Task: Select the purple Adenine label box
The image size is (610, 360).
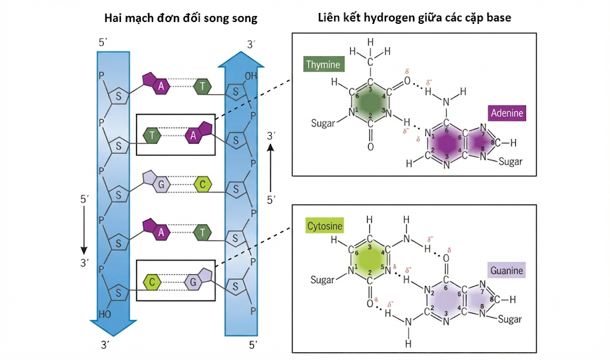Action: (507, 113)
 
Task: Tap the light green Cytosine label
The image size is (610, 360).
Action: (325, 226)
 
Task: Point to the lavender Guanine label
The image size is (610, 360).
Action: (506, 270)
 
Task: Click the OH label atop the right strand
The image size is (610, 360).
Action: (251, 76)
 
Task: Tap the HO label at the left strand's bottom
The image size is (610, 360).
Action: (105, 314)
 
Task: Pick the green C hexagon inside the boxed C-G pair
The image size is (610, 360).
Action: (152, 282)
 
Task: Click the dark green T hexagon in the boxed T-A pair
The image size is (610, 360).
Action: (152, 135)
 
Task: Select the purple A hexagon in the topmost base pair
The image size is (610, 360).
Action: (161, 86)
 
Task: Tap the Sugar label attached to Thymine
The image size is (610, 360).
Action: (323, 123)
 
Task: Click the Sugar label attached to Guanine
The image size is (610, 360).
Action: (510, 319)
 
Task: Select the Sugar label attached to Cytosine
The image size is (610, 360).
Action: (322, 280)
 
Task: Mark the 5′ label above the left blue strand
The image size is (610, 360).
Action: (103, 42)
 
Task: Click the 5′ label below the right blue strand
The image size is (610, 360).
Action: (253, 345)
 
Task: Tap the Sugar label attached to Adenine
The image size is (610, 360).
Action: (511, 161)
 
